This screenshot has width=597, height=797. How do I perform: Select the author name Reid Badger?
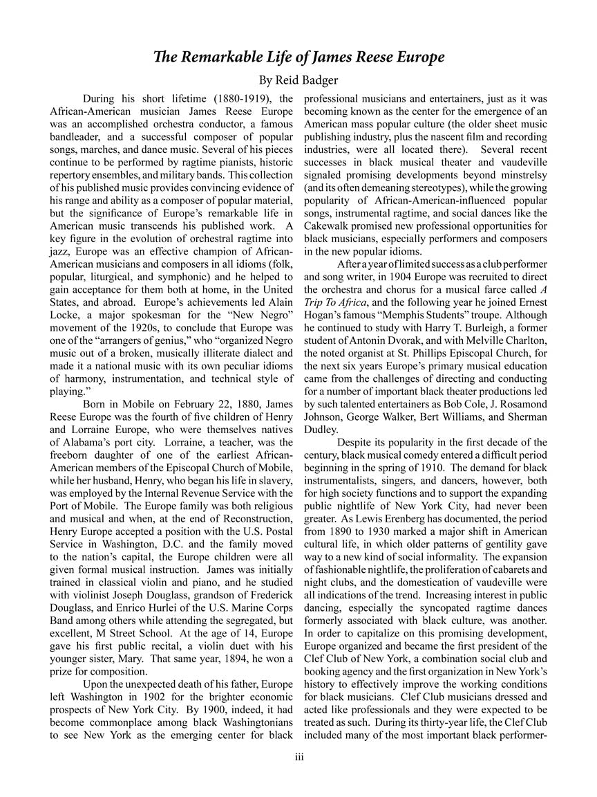(x=311, y=80)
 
